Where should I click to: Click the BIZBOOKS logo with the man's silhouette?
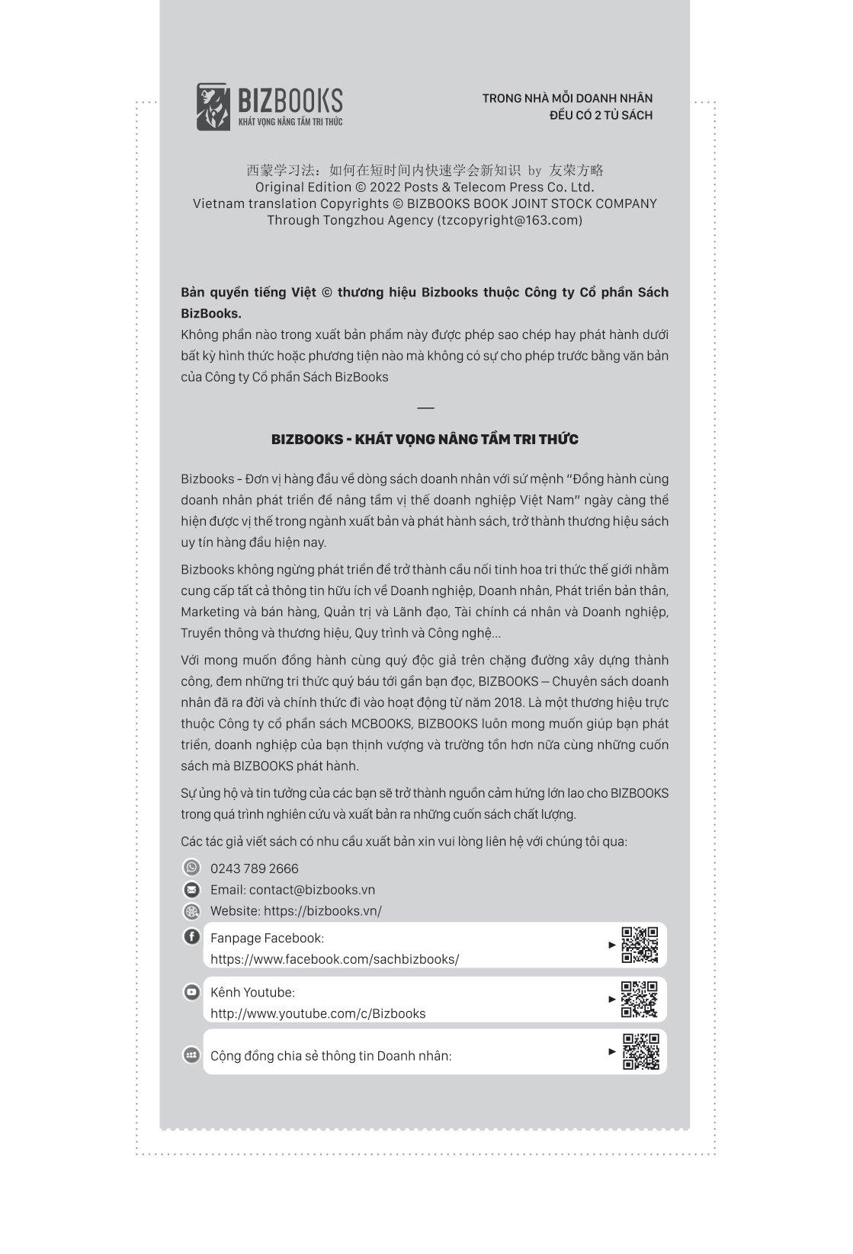(269, 107)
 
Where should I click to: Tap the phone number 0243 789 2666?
(254, 869)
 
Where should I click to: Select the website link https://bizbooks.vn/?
(322, 910)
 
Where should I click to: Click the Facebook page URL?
(335, 959)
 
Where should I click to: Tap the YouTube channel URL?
(318, 1013)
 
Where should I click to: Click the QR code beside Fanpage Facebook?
(640, 945)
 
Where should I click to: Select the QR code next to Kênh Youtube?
(640, 999)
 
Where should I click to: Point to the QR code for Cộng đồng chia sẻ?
(640, 1051)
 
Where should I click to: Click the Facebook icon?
(191, 936)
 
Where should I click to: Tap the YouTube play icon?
(191, 991)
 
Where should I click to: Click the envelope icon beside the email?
(191, 889)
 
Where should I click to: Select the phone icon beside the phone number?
(191, 868)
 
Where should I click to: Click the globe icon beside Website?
(191, 910)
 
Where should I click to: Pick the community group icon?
(191, 1055)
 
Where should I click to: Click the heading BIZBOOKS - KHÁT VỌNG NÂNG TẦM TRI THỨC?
(425, 440)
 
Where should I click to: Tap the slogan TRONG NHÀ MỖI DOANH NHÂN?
(567, 98)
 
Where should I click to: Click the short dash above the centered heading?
(425, 408)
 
